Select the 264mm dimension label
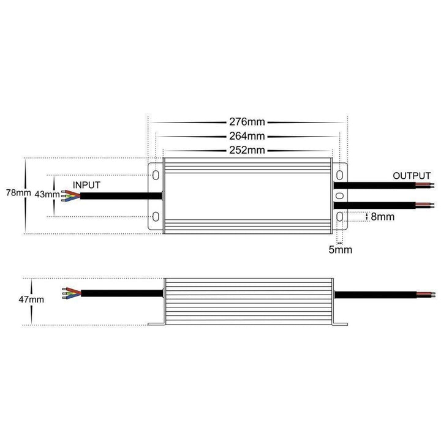pyautogui.click(x=247, y=136)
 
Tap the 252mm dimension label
pyautogui.click(x=247, y=149)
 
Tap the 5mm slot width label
pyautogui.click(x=341, y=249)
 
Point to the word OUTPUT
pyautogui.click(x=412, y=176)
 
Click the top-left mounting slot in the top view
pyautogui.click(x=156, y=175)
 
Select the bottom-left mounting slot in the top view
pyautogui.click(x=156, y=216)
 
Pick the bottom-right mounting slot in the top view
pyautogui.click(x=339, y=216)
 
